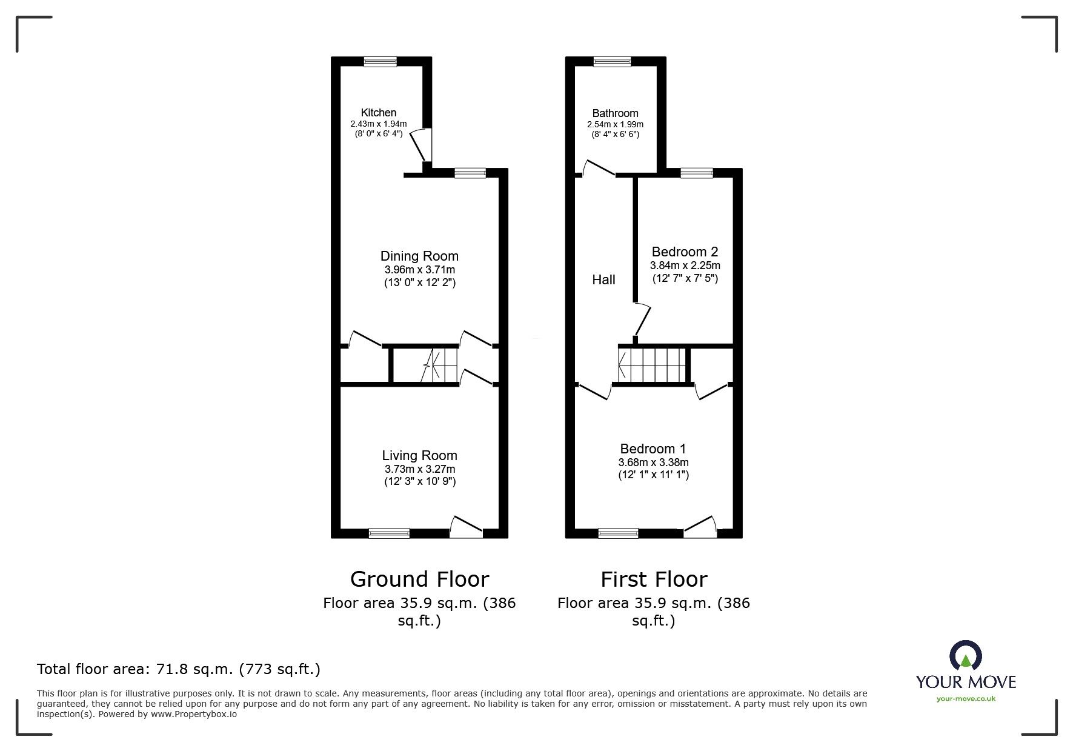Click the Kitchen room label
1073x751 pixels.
tap(378, 113)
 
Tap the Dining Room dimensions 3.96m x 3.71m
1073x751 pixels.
tap(419, 270)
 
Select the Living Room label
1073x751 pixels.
tap(419, 455)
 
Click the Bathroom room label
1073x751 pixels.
tap(615, 113)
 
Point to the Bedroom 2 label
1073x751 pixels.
tap(685, 252)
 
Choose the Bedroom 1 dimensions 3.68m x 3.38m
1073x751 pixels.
tap(653, 462)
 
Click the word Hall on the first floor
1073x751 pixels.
tap(603, 279)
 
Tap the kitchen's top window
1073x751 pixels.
tap(380, 61)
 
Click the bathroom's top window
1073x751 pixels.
tap(612, 61)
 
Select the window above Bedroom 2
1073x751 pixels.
tap(696, 173)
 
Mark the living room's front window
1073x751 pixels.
tap(389, 533)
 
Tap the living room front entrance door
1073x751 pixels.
tap(467, 527)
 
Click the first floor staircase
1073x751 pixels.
tap(652, 365)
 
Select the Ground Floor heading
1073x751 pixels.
tap(419, 579)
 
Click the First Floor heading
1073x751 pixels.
tap(654, 579)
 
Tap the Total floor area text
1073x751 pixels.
tap(179, 669)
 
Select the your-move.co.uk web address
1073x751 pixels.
tap(966, 699)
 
